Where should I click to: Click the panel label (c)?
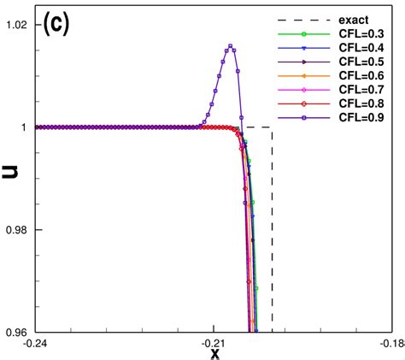pyautogui.click(x=56, y=24)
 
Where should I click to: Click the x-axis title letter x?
pyautogui.click(x=215, y=352)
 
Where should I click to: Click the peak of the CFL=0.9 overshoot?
pyautogui.click(x=230, y=46)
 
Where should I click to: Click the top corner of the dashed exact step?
pyautogui.click(x=272, y=127)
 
